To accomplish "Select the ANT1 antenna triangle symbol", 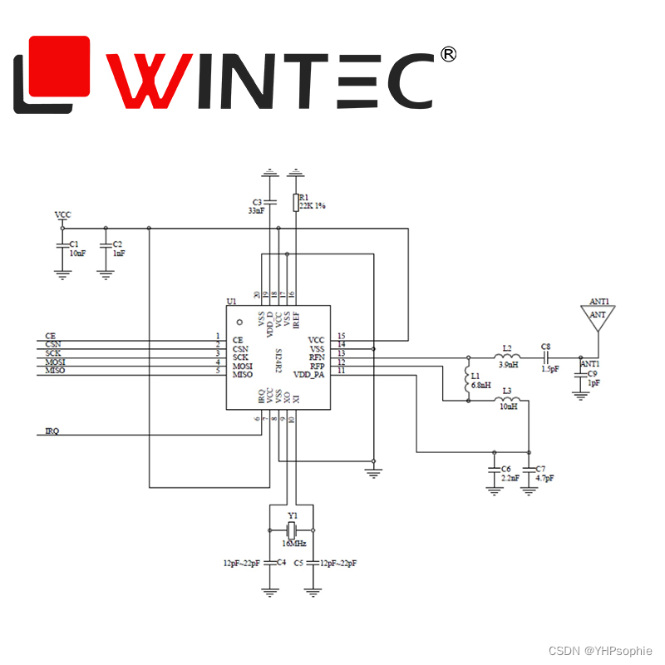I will [598, 316].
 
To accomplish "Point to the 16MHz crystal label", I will [293, 544].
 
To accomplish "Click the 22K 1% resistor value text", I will [313, 204].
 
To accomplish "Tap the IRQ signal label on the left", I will [52, 431].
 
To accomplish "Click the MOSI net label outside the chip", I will [56, 362].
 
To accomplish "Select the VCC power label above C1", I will [62, 215].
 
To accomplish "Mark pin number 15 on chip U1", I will [341, 336].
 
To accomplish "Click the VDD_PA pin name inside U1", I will [308, 375].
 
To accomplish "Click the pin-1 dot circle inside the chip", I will [239, 322].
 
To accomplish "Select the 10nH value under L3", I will [508, 406].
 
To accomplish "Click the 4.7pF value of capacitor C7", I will [544, 479].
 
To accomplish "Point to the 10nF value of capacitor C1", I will [77, 253].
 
